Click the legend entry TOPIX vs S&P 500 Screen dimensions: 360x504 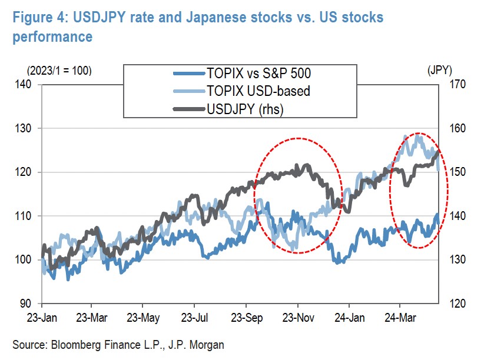tap(258, 74)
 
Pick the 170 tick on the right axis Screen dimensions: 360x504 tap(457, 85)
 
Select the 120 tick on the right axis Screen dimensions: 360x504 tap(457, 304)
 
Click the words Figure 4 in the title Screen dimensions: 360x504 tap(32, 17)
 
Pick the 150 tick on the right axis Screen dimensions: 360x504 tap(457, 172)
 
